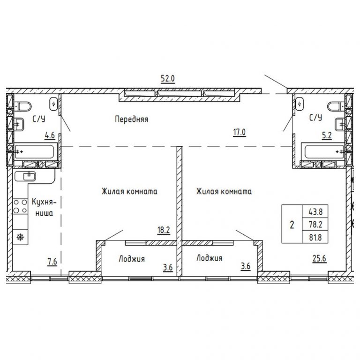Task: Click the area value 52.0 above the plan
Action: pyautogui.click(x=168, y=79)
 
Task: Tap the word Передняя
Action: pyautogui.click(x=132, y=119)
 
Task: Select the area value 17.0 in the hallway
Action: pyautogui.click(x=240, y=133)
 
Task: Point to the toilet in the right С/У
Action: pyautogui.click(x=336, y=106)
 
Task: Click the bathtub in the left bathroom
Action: pyautogui.click(x=34, y=151)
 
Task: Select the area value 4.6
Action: pyautogui.click(x=50, y=135)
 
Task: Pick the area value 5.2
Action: pyautogui.click(x=327, y=135)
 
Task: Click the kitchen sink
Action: pyautogui.click(x=25, y=176)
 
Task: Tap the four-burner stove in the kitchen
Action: pyautogui.click(x=20, y=206)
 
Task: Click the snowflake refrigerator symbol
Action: pyautogui.click(x=20, y=237)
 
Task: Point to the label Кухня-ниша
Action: pyautogui.click(x=44, y=208)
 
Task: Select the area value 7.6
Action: pyautogui.click(x=52, y=262)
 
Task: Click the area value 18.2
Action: pyautogui.click(x=164, y=230)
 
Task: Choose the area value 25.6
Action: pyautogui.click(x=319, y=259)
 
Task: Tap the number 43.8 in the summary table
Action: pyautogui.click(x=315, y=211)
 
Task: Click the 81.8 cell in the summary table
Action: pyautogui.click(x=315, y=237)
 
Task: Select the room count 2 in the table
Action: pyautogui.click(x=292, y=225)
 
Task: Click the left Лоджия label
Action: pyautogui.click(x=132, y=259)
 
